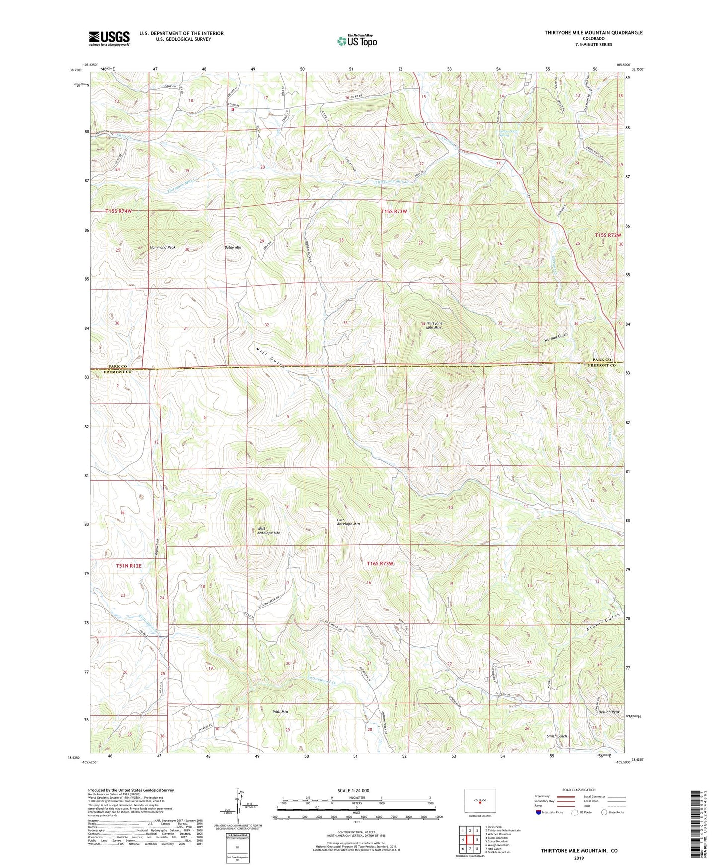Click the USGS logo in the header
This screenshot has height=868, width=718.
click(x=109, y=38)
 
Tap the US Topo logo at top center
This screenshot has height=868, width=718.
click(x=356, y=41)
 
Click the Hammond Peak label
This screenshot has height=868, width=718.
click(x=162, y=247)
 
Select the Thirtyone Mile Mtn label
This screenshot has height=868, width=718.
click(x=434, y=326)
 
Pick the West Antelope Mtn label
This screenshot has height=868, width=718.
click(x=268, y=531)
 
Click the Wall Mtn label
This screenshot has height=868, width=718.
click(x=280, y=712)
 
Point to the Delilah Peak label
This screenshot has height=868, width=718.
click(x=609, y=712)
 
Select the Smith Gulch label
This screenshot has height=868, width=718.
click(x=557, y=736)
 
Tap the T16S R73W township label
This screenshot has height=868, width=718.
click(x=380, y=564)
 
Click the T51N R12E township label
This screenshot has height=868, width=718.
click(x=129, y=566)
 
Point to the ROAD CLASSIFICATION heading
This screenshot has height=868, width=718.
click(x=579, y=790)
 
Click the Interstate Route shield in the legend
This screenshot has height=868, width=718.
click(x=539, y=812)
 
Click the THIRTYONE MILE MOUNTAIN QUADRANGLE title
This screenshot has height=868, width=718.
click(x=593, y=33)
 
